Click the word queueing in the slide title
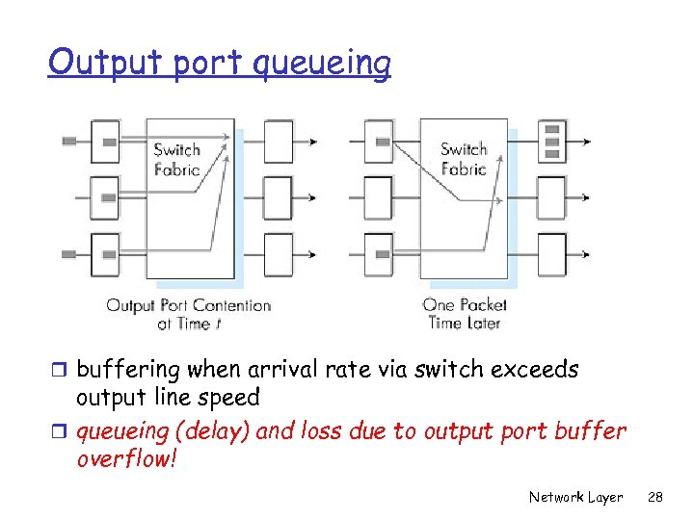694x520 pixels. pyautogui.click(x=321, y=64)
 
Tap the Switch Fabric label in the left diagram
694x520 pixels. pyautogui.click(x=176, y=160)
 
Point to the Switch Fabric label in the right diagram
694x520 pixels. pyautogui.click(x=464, y=159)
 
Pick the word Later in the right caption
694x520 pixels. pyautogui.click(x=482, y=324)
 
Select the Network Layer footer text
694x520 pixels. pyautogui.click(x=575, y=497)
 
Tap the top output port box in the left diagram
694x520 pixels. pyautogui.click(x=277, y=142)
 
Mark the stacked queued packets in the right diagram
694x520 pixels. pyautogui.click(x=552, y=141)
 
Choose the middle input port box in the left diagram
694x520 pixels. pyautogui.click(x=105, y=197)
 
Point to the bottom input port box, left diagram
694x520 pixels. pyautogui.click(x=105, y=254)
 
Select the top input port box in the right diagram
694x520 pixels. pyautogui.click(x=379, y=142)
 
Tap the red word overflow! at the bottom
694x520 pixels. pyautogui.click(x=126, y=458)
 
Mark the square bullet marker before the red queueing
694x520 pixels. pyautogui.click(x=61, y=431)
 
